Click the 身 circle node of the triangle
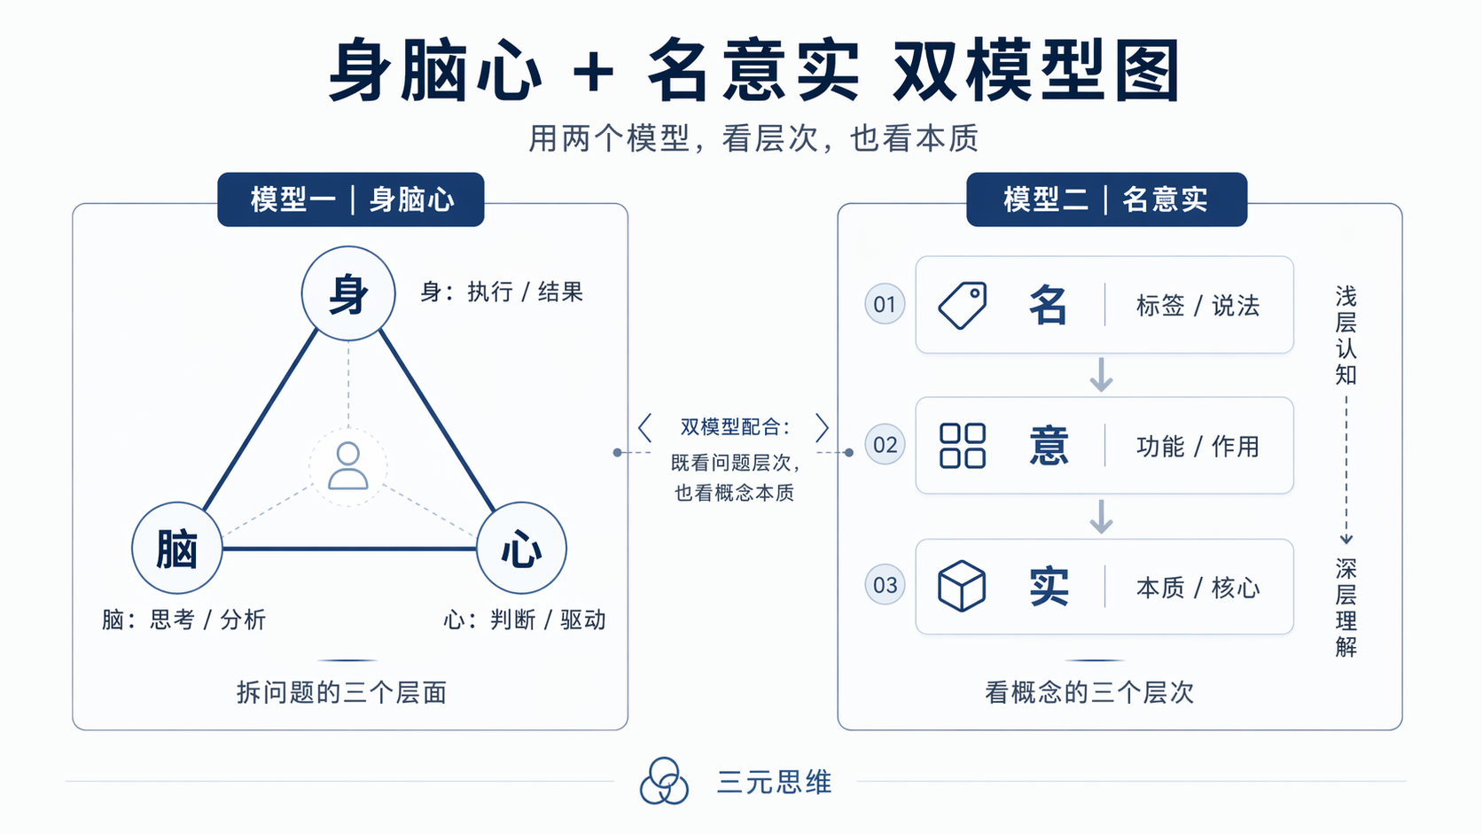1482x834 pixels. [348, 293]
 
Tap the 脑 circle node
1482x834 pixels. [177, 548]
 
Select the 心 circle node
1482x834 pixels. [521, 548]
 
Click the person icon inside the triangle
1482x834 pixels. [348, 466]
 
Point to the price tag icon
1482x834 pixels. [963, 305]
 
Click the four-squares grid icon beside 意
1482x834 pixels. [963, 446]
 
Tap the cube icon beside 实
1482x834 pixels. [962, 586]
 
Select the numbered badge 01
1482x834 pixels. [885, 304]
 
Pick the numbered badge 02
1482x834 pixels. [885, 444]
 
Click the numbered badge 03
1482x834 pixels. [885, 585]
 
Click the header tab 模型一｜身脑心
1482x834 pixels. [351, 199]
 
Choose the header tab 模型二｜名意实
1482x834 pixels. [1107, 199]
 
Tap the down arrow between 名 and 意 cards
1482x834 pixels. [1101, 375]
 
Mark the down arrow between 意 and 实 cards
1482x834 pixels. [1101, 517]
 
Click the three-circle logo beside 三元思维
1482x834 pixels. [664, 781]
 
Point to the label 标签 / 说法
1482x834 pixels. [1198, 306]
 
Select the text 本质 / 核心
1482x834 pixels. [1198, 588]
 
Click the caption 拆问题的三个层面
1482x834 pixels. [342, 692]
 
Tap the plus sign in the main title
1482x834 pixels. [594, 73]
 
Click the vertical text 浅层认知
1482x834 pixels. [1345, 335]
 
